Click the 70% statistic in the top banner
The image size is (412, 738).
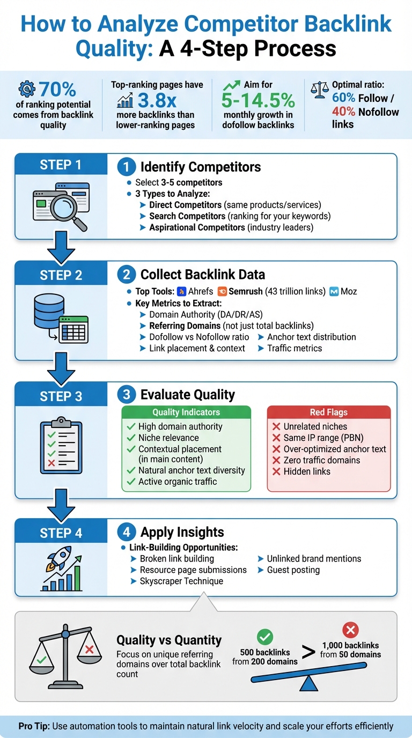(x=57, y=89)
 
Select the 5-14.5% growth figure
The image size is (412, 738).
(x=259, y=100)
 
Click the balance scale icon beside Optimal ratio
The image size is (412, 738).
(x=320, y=90)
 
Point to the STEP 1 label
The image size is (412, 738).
(x=61, y=165)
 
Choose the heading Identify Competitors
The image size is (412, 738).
(x=200, y=167)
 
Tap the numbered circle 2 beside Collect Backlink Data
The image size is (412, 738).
(x=126, y=275)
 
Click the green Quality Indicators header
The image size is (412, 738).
(x=186, y=412)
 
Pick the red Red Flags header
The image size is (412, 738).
(x=328, y=412)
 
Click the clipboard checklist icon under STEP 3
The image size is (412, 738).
(x=61, y=446)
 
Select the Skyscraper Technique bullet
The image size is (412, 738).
(x=181, y=581)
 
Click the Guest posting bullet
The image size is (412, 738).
(x=293, y=570)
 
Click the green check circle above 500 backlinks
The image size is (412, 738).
(x=265, y=637)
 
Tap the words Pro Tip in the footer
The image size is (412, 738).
(x=32, y=726)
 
